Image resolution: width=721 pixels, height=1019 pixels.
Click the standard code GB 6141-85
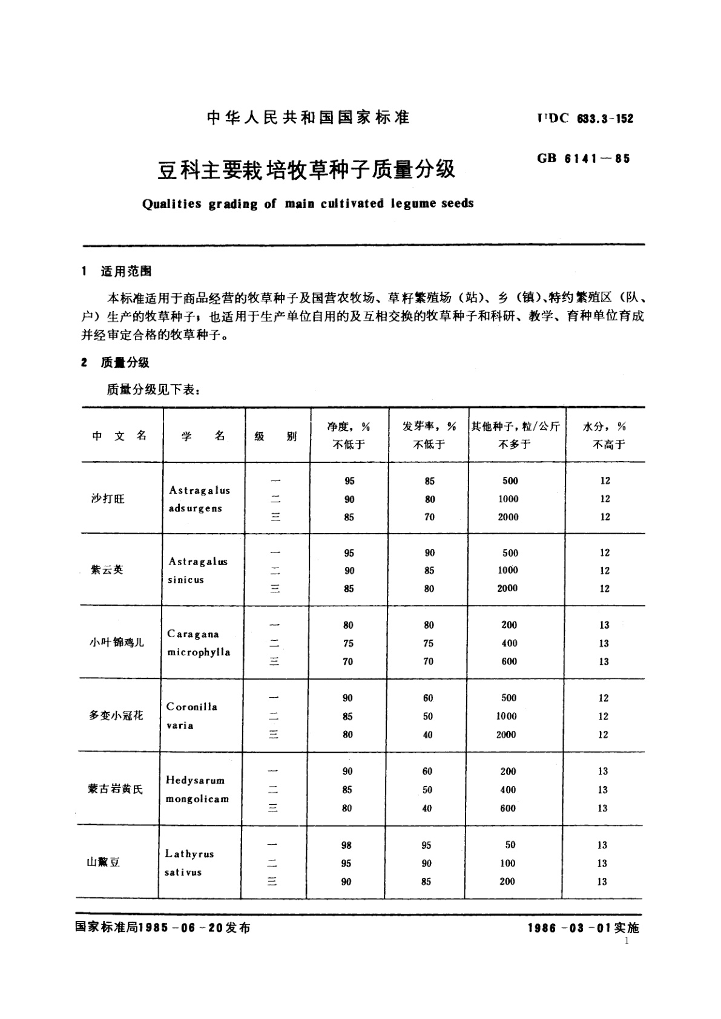point(583,159)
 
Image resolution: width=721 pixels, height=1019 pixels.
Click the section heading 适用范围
point(126,272)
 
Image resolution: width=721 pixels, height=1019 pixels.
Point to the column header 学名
point(203,436)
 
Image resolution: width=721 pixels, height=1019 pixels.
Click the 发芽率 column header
point(429,427)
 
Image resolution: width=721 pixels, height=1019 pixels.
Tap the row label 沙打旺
point(108,499)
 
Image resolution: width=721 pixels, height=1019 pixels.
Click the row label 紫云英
point(107,569)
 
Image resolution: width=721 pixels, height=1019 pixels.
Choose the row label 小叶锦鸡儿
point(117,642)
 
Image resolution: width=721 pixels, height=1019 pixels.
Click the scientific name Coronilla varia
point(191,716)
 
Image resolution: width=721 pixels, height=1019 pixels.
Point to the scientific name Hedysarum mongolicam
point(197,790)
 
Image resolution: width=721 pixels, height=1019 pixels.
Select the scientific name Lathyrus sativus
point(189,863)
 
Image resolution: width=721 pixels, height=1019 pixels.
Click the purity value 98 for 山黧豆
point(346,845)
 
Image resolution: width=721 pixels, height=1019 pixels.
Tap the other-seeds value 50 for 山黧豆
point(509,845)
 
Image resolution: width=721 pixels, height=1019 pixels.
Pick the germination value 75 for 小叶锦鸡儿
point(428,643)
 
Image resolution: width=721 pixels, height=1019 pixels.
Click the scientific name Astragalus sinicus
point(198,570)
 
